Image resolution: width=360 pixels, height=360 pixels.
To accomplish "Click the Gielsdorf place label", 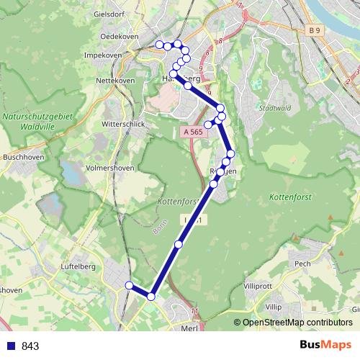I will click(x=110, y=14).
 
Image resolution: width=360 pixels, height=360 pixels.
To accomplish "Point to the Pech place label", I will click(x=302, y=264).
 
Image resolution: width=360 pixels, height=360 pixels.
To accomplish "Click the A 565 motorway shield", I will click(x=192, y=132).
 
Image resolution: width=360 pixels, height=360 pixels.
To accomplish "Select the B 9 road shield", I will click(x=313, y=30).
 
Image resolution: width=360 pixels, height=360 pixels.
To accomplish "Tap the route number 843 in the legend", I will click(x=30, y=346).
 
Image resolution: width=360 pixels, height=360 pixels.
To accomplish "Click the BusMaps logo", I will click(x=323, y=346).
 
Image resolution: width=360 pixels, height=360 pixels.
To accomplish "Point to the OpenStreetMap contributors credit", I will click(x=294, y=323).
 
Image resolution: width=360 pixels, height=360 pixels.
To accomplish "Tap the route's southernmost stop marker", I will click(x=151, y=296).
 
